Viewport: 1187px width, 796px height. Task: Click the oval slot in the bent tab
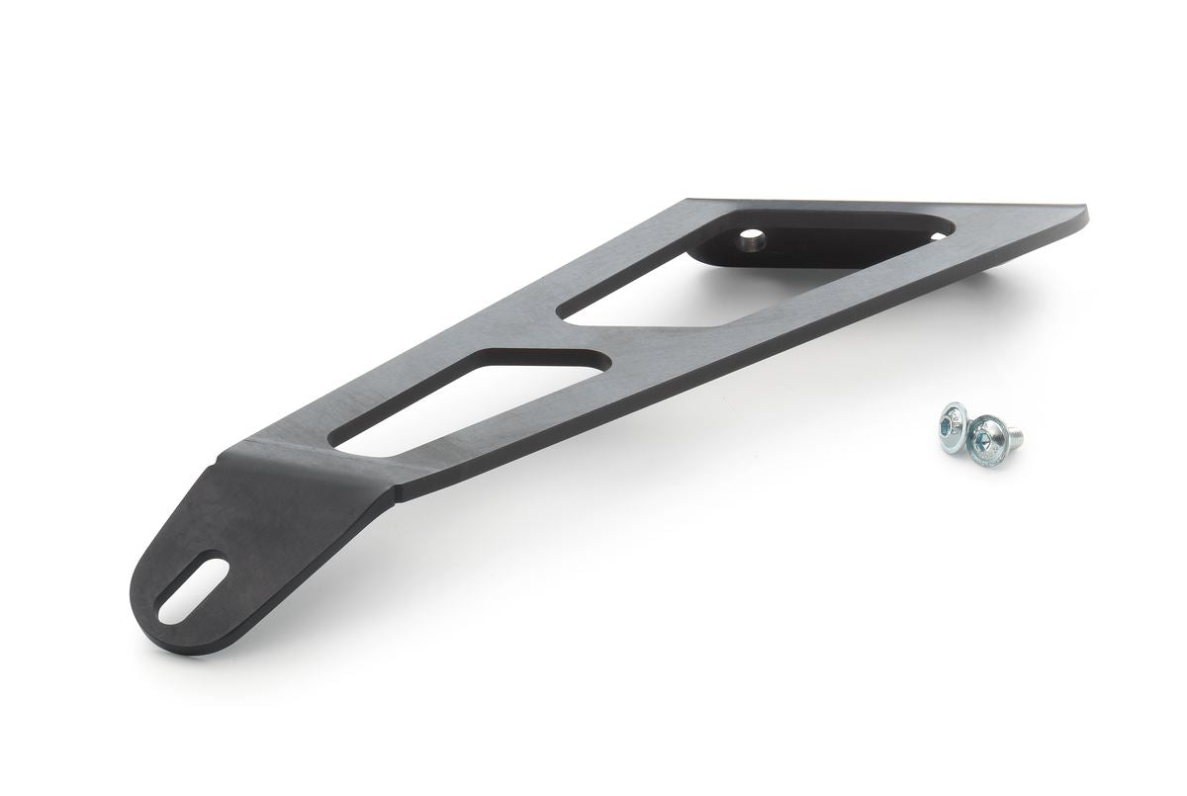(193, 590)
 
